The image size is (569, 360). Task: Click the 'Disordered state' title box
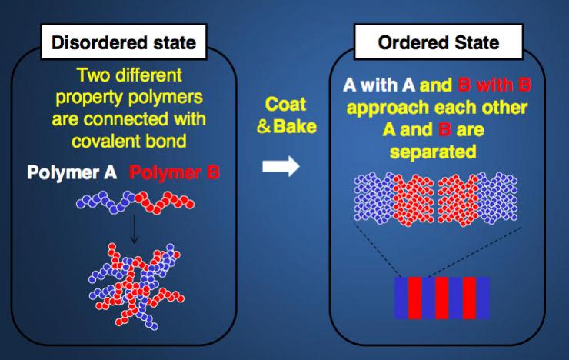pyautogui.click(x=124, y=42)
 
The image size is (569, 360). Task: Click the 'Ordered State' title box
pyautogui.click(x=438, y=42)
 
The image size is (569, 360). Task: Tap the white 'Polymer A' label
pyautogui.click(x=72, y=172)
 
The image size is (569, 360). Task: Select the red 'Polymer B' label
pyautogui.click(x=175, y=172)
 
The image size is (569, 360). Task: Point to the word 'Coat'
pyautogui.click(x=285, y=104)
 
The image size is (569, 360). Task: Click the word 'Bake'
pyautogui.click(x=294, y=127)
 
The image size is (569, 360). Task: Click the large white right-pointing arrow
pyautogui.click(x=281, y=166)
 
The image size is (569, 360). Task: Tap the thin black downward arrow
pyautogui.click(x=135, y=228)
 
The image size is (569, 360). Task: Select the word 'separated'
pyautogui.click(x=433, y=152)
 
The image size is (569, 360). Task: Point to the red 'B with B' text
pyautogui.click(x=494, y=85)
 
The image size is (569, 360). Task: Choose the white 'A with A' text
pyautogui.click(x=379, y=85)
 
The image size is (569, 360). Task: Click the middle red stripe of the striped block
pyautogui.click(x=442, y=298)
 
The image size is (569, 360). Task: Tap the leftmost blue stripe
pyautogui.click(x=401, y=298)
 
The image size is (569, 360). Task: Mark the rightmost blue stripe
pyautogui.click(x=483, y=298)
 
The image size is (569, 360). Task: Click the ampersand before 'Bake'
pyautogui.click(x=264, y=127)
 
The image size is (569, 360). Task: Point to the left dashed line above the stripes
pyautogui.click(x=377, y=251)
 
